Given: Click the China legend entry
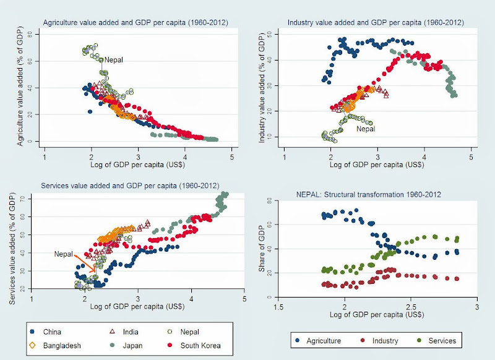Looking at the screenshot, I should [53, 332].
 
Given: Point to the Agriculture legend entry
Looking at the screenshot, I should [322, 340].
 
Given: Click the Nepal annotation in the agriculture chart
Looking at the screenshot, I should [114, 60].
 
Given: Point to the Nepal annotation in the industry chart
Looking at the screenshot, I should [366, 129].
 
